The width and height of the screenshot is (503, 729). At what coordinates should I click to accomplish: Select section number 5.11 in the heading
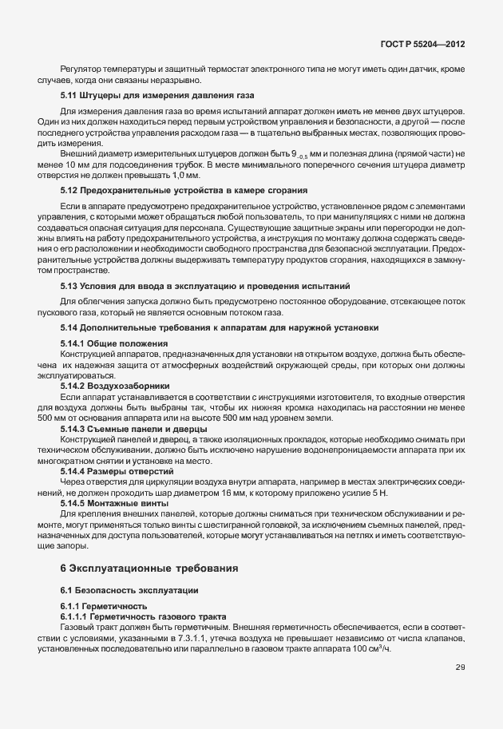[x=69, y=96]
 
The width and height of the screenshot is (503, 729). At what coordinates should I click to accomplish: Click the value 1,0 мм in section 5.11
[x=188, y=173]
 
